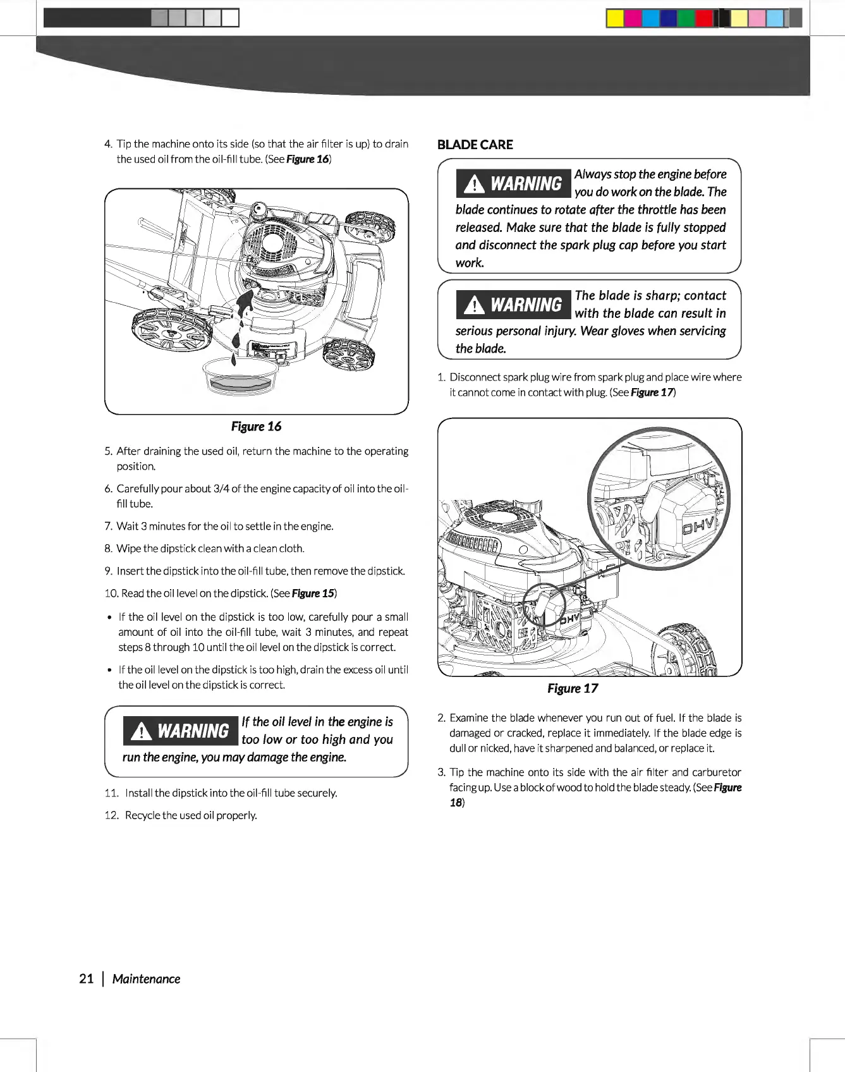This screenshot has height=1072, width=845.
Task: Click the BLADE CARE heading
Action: pos(475,145)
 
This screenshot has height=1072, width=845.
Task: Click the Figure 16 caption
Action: pos(256,427)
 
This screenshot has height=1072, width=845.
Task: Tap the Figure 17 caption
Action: pos(573,689)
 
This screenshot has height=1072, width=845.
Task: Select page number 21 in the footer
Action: pos(87,979)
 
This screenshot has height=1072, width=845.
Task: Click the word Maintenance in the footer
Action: pos(146,979)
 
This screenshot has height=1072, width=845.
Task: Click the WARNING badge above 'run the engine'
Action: pos(181,731)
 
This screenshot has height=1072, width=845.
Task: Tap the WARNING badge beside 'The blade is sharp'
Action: pos(514,305)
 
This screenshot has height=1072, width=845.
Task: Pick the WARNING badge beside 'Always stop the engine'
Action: pos(514,184)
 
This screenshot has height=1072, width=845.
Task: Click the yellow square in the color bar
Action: pos(614,18)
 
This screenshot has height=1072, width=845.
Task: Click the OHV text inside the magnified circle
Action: pos(699,525)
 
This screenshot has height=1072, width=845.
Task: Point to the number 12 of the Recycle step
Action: pos(111,815)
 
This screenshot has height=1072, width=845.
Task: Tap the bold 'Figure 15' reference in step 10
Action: pos(313,594)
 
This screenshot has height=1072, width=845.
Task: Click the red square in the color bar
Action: pos(703,18)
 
